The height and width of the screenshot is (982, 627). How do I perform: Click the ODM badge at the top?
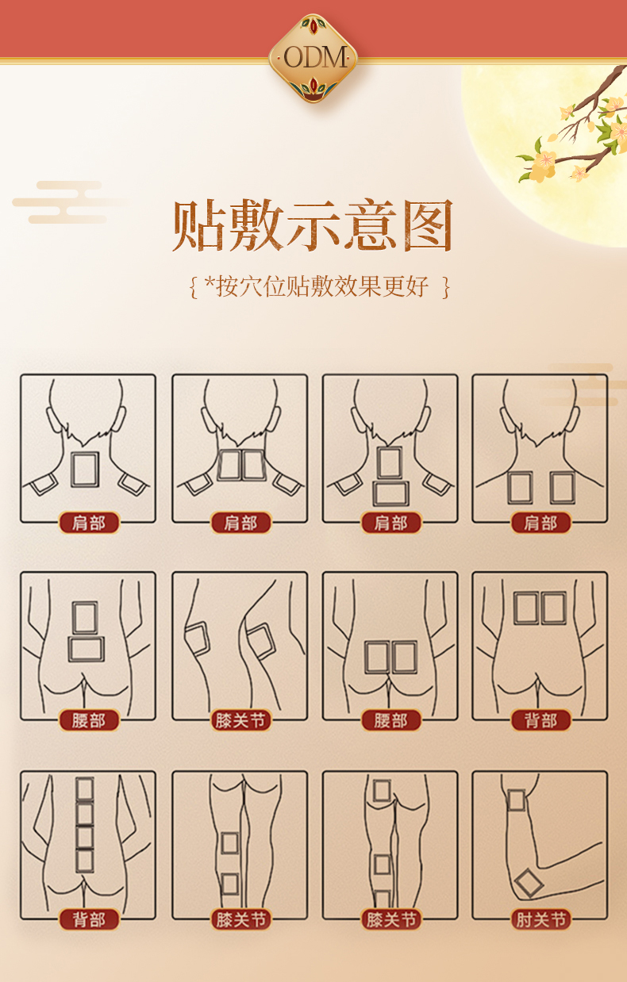coord(313,57)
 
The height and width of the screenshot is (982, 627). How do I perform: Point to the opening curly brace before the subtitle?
coord(193,286)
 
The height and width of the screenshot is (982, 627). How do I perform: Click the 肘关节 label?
coord(540,919)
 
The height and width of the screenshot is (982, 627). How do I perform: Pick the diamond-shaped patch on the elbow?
coord(529,883)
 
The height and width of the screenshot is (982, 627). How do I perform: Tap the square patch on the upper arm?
coord(517,800)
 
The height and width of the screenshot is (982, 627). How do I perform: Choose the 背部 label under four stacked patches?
coord(89,919)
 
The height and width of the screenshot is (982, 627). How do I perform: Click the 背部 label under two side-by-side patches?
coord(540,720)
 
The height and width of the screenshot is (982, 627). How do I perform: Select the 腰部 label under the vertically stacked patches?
coord(89,720)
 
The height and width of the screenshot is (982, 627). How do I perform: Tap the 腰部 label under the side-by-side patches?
coord(390,720)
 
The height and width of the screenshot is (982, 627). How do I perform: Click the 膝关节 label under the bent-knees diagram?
coord(240,720)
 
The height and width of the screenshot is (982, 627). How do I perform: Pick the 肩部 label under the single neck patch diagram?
coord(89,523)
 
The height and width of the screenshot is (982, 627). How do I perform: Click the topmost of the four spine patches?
coord(85,788)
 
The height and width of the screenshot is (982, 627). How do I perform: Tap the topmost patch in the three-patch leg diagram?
coord(382,790)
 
